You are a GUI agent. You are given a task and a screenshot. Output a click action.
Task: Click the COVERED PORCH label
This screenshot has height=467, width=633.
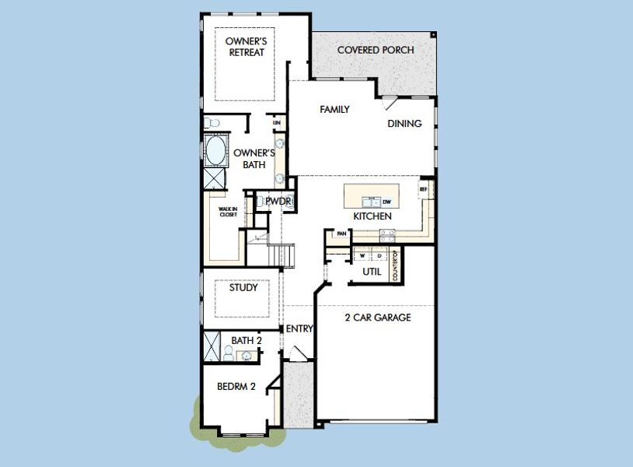(x=375, y=51)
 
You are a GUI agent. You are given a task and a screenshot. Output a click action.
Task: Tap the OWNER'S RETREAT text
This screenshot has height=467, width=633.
(x=245, y=47)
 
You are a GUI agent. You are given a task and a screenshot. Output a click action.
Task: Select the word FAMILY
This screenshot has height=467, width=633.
(x=334, y=110)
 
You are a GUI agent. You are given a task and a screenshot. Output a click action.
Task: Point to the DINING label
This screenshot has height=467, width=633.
(x=404, y=124)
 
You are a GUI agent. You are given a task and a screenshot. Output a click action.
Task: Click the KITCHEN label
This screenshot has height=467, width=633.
(x=372, y=216)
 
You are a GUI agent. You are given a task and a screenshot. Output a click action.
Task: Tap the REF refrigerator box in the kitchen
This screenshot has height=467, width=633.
(x=424, y=189)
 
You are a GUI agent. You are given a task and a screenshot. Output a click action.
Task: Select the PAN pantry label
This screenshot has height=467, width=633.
(x=341, y=233)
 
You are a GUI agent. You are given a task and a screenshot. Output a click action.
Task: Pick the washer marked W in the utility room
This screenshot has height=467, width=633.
(x=362, y=255)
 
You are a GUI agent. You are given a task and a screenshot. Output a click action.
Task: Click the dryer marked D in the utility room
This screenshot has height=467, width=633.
(x=379, y=255)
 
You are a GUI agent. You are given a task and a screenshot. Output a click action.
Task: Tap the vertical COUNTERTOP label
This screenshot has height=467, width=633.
(x=395, y=265)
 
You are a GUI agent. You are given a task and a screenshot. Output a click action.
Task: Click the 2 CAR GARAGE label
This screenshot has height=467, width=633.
(x=377, y=318)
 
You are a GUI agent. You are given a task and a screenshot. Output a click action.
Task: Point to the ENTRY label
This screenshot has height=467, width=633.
(x=299, y=329)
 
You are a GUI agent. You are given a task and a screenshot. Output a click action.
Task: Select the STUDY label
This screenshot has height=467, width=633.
(x=243, y=288)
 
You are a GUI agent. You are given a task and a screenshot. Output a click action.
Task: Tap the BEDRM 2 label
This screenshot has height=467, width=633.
(x=236, y=387)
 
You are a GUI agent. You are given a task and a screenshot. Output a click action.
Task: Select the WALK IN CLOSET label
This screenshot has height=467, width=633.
(x=228, y=212)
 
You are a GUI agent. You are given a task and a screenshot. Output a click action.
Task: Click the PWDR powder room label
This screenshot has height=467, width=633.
(x=277, y=201)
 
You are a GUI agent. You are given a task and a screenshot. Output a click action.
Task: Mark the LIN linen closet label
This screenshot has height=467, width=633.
(x=276, y=123)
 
